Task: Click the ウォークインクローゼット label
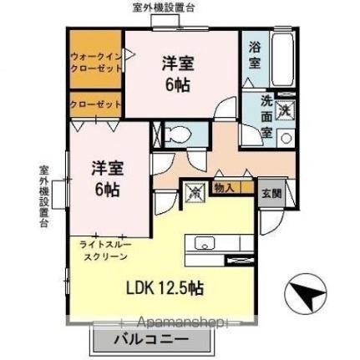click(94, 63)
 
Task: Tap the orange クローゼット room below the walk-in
click(94, 105)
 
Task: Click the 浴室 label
click(255, 56)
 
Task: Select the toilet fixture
click(178, 134)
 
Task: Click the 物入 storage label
click(223, 189)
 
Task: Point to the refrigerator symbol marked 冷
click(194, 191)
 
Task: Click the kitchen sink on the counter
click(205, 244)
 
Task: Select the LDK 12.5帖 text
click(164, 288)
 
